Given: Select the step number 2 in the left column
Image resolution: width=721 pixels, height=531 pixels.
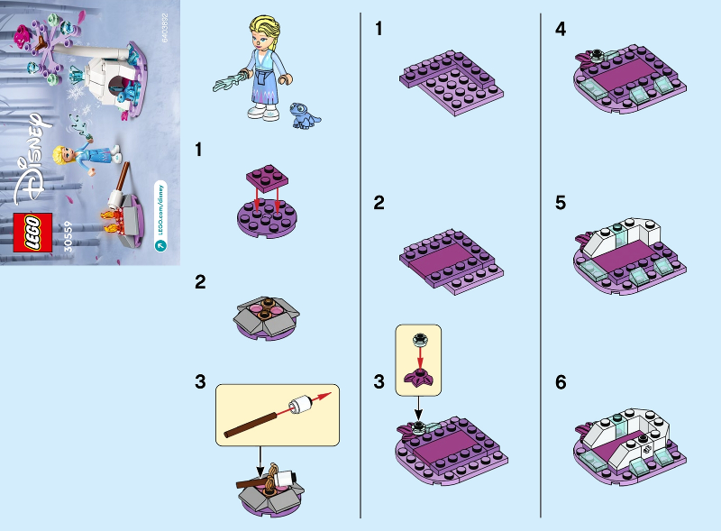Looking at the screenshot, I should coord(200,282).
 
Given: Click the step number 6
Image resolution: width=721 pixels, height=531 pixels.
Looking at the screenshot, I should coord(561,382).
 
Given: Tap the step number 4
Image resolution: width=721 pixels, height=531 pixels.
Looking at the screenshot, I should coord(561,29).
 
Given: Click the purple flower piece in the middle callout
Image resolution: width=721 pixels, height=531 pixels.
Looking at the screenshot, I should coord(417,376).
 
